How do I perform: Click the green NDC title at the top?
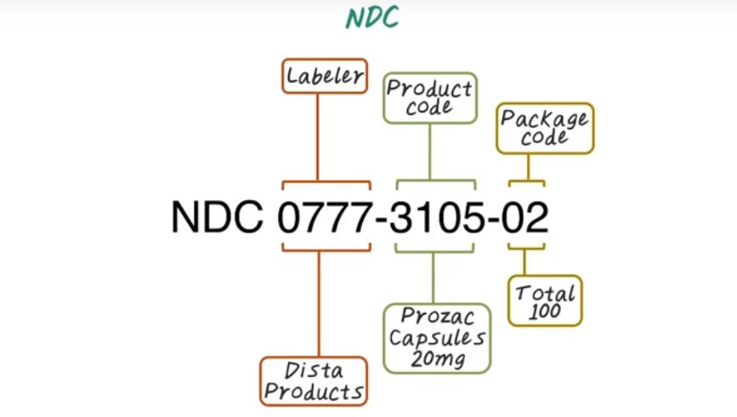371,18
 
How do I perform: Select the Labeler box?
325,76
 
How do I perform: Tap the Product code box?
428,98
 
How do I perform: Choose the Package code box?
544,129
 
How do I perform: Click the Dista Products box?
313,380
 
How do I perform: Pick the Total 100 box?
546,300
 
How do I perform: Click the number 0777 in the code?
326,217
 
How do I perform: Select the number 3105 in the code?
434,217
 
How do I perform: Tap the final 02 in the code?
527,217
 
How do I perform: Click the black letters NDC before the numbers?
217,217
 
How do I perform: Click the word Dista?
313,370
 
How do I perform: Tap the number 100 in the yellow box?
544,311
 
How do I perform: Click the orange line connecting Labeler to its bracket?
318,136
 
